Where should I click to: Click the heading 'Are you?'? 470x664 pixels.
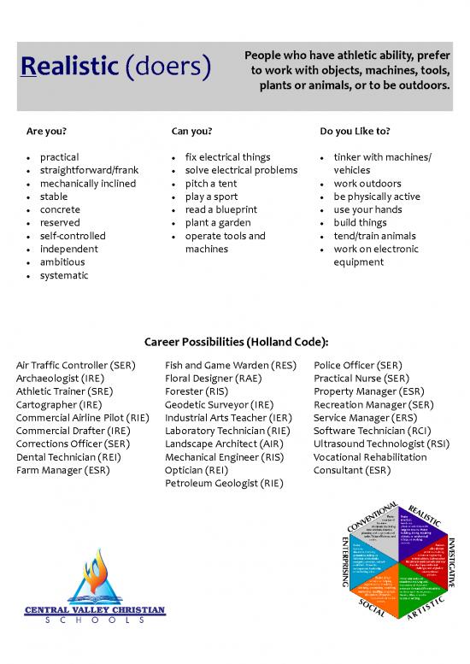[x=47, y=132]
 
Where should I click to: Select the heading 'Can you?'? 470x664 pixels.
[x=191, y=132]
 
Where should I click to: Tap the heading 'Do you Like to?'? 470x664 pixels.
[x=355, y=132]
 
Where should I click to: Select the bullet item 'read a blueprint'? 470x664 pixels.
[x=220, y=209]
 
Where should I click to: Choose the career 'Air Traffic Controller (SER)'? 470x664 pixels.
[x=76, y=366]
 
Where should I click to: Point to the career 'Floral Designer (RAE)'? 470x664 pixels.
[x=214, y=379]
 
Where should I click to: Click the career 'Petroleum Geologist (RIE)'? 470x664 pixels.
[x=224, y=483]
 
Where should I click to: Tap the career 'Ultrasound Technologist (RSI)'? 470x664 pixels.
[x=381, y=444]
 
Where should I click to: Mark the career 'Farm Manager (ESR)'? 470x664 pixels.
[x=60, y=470]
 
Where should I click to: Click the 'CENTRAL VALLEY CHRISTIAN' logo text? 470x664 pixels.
[x=95, y=610]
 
